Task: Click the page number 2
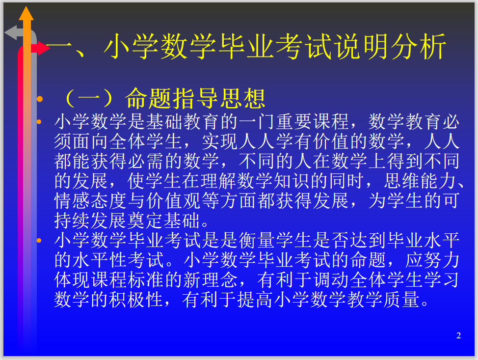[x=458, y=335]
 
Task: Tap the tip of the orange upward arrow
[x=26, y=7]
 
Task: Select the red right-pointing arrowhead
[x=44, y=48]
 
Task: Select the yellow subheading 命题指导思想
[x=195, y=99]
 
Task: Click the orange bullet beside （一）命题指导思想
[x=40, y=99]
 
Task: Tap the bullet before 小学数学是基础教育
[x=39, y=122]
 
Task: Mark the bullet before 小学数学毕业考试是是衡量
[x=39, y=240]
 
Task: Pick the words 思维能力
[x=421, y=181]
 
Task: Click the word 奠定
[x=145, y=221]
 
